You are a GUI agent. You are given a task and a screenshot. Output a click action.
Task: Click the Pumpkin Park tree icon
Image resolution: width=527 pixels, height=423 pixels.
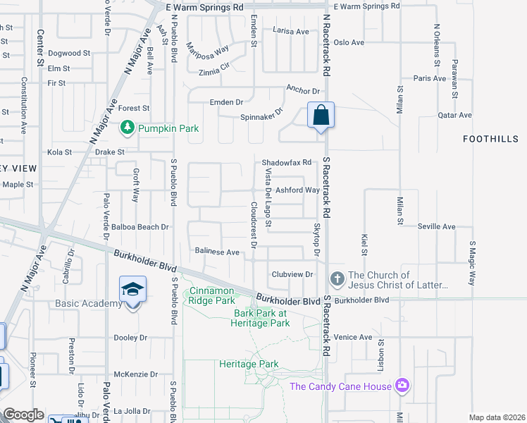click(128, 128)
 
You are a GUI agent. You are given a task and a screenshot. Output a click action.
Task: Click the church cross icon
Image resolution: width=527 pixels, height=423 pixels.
click(337, 280)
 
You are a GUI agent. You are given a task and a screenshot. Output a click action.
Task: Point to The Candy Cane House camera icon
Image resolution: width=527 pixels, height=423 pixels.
click(402, 385)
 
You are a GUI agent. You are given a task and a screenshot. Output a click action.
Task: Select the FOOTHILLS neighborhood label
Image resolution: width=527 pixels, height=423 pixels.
click(490, 139)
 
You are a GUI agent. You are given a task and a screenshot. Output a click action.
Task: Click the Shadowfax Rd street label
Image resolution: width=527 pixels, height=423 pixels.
click(287, 162)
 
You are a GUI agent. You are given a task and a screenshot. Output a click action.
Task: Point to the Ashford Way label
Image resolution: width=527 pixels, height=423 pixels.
click(297, 190)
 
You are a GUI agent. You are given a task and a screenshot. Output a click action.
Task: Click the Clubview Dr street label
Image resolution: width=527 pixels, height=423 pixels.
click(292, 274)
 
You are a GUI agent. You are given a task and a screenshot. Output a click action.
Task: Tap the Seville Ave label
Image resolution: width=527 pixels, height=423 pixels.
click(436, 226)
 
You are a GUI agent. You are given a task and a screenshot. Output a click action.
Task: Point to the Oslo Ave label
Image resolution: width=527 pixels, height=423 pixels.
click(349, 42)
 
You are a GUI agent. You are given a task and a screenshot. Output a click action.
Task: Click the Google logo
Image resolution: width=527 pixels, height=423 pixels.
click(23, 415)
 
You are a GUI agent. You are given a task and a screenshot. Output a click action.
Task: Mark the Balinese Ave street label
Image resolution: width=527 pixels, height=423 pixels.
click(218, 252)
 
